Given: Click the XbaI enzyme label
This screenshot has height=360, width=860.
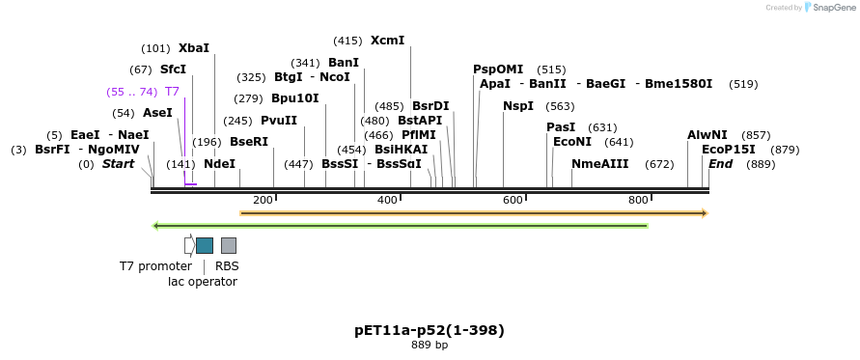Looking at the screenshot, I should pyautogui.click(x=193, y=48).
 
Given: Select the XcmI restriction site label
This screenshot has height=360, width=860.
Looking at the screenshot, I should pyautogui.click(x=387, y=41).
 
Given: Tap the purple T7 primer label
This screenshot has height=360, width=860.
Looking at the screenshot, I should pyautogui.click(x=172, y=92).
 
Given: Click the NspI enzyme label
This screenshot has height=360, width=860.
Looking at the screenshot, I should pyautogui.click(x=517, y=106).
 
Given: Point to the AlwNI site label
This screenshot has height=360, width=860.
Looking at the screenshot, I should pyautogui.click(x=707, y=135).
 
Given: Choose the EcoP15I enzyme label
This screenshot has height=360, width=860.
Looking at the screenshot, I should pyautogui.click(x=729, y=150).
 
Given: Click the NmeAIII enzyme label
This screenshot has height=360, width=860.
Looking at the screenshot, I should pyautogui.click(x=599, y=164).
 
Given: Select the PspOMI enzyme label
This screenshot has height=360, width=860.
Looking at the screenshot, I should pyautogui.click(x=498, y=69).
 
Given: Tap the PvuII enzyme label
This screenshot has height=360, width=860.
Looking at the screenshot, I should pyautogui.click(x=279, y=121).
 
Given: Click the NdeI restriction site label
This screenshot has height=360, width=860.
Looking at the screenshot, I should pyautogui.click(x=219, y=164).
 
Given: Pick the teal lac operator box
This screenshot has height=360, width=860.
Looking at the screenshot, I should pyautogui.click(x=205, y=245).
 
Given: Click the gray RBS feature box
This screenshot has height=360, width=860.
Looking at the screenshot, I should pyautogui.click(x=229, y=245).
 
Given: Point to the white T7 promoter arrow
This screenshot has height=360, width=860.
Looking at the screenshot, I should pyautogui.click(x=189, y=245).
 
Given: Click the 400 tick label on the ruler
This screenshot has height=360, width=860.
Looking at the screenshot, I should pyautogui.click(x=387, y=200).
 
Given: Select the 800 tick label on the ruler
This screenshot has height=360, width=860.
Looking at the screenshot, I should pyautogui.click(x=638, y=200).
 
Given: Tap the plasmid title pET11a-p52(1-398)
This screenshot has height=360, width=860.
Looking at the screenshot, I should pyautogui.click(x=430, y=330).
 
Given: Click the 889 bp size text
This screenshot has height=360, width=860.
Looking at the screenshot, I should pyautogui.click(x=430, y=346).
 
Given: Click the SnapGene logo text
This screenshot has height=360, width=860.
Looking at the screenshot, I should pyautogui.click(x=833, y=8).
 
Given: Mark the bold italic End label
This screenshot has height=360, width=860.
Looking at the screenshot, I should pyautogui.click(x=720, y=164).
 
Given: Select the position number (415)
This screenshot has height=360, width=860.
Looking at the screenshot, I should pyautogui.click(x=347, y=41).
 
